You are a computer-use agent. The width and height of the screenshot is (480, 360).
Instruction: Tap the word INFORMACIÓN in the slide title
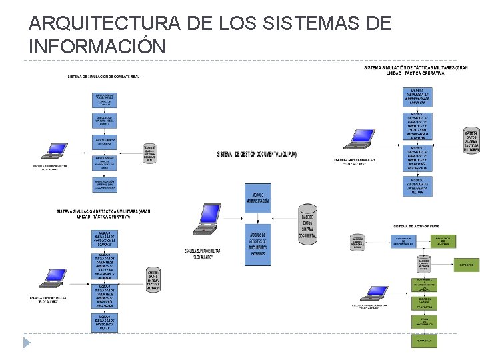click(97, 47)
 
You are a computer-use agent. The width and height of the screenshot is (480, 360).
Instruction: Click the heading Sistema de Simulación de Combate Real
click(103, 76)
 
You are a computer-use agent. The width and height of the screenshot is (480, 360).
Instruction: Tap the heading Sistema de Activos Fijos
click(416, 226)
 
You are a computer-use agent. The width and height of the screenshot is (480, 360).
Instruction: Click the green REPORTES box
click(467, 265)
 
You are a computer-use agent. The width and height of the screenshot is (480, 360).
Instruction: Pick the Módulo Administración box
click(257, 193)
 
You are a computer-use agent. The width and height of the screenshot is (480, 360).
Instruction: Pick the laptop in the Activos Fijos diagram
click(375, 295)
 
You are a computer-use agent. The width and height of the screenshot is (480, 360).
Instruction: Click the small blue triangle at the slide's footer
click(27, 342)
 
